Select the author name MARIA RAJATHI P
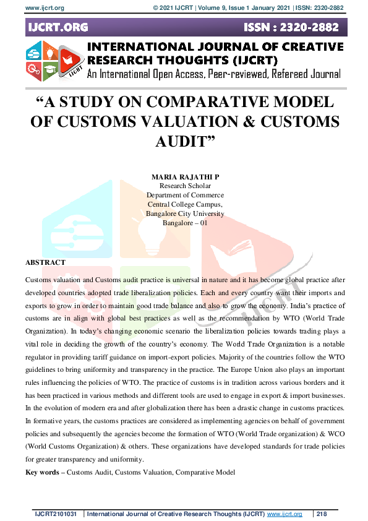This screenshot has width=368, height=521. tap(185, 177)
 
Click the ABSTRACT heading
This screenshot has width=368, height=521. tap(45, 262)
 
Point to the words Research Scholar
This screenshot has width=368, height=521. tap(185, 186)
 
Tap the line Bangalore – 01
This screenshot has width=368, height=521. tap(185, 223)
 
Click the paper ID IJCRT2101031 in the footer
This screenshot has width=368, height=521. tap(56, 514)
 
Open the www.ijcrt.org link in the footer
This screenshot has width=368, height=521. tap(285, 514)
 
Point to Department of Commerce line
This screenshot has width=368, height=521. tap(185, 195)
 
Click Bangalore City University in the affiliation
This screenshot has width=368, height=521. tap(185, 213)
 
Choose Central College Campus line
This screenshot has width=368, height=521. tap(185, 204)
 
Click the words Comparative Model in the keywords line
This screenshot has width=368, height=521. tap(205, 472)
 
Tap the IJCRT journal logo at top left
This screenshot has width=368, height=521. tap(54, 60)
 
